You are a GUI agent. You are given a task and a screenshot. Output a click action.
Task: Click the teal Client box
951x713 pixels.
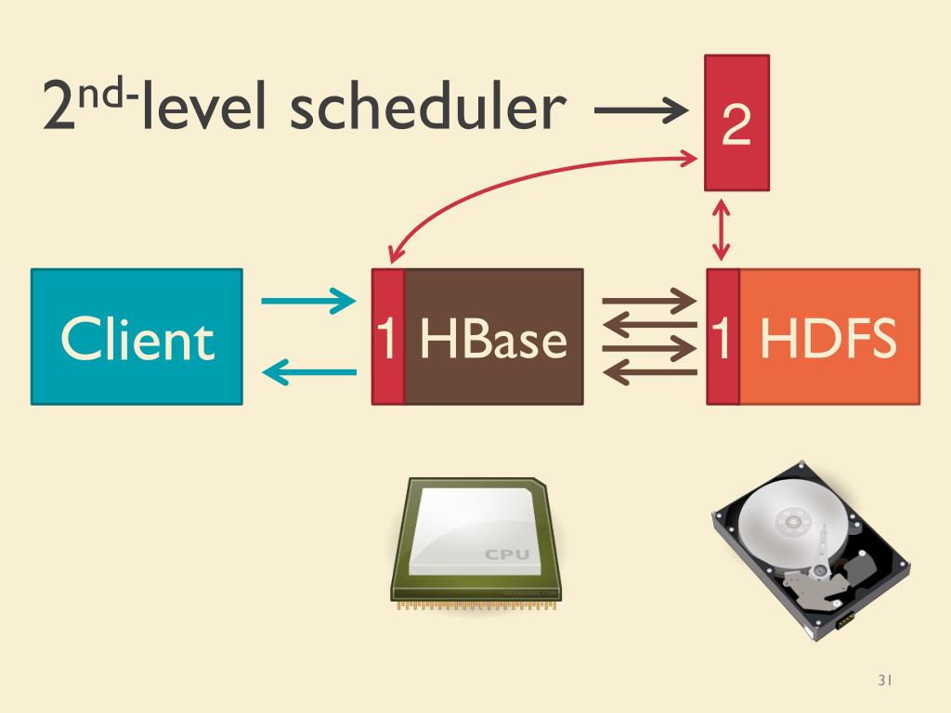[x=137, y=337]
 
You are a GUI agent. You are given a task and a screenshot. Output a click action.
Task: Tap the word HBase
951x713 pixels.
[x=492, y=339]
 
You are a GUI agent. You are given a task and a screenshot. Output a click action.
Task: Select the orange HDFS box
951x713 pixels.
[x=828, y=337]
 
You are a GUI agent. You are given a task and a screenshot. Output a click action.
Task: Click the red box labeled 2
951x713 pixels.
[x=736, y=123]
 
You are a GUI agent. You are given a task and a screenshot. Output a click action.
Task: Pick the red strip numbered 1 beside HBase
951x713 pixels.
[x=388, y=337]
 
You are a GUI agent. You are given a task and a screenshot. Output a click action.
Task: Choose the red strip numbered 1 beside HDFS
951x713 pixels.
[x=723, y=337]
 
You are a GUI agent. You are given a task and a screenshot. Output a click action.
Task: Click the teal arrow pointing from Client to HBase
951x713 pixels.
[x=308, y=301]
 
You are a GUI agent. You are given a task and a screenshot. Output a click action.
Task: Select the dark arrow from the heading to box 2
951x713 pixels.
[x=641, y=112]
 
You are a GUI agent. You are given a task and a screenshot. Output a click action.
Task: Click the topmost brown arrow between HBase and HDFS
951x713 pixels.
[x=649, y=301]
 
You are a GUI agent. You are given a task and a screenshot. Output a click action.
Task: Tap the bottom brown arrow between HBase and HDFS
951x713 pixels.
[x=649, y=372]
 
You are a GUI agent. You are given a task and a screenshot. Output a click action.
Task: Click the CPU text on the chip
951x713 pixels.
[x=507, y=554]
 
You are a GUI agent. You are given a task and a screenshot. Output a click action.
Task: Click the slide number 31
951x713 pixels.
[x=884, y=681]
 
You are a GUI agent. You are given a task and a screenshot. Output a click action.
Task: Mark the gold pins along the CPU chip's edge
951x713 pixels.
[x=474, y=605]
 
